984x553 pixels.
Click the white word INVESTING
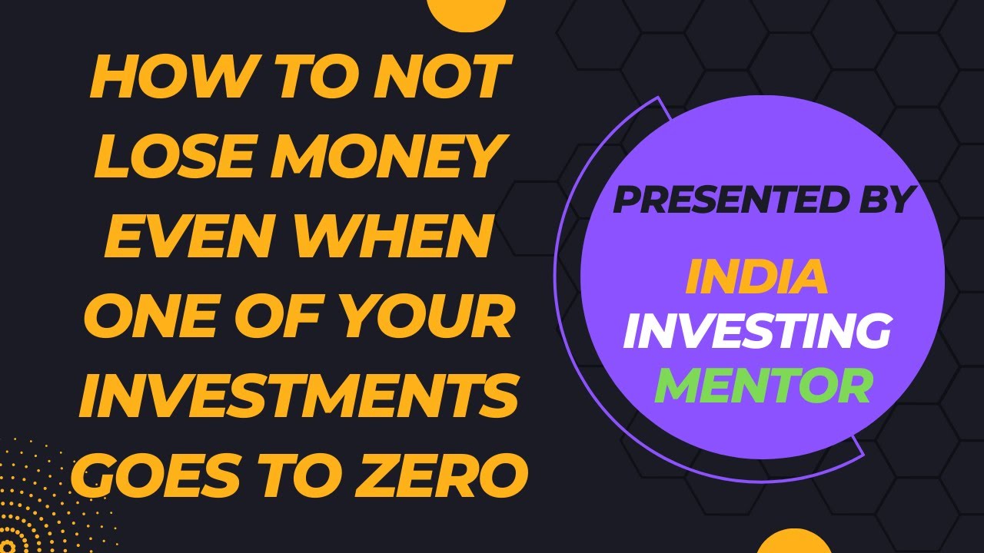(x=756, y=333)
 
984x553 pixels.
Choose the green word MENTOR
(x=763, y=386)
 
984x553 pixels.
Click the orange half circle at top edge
(x=466, y=11)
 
